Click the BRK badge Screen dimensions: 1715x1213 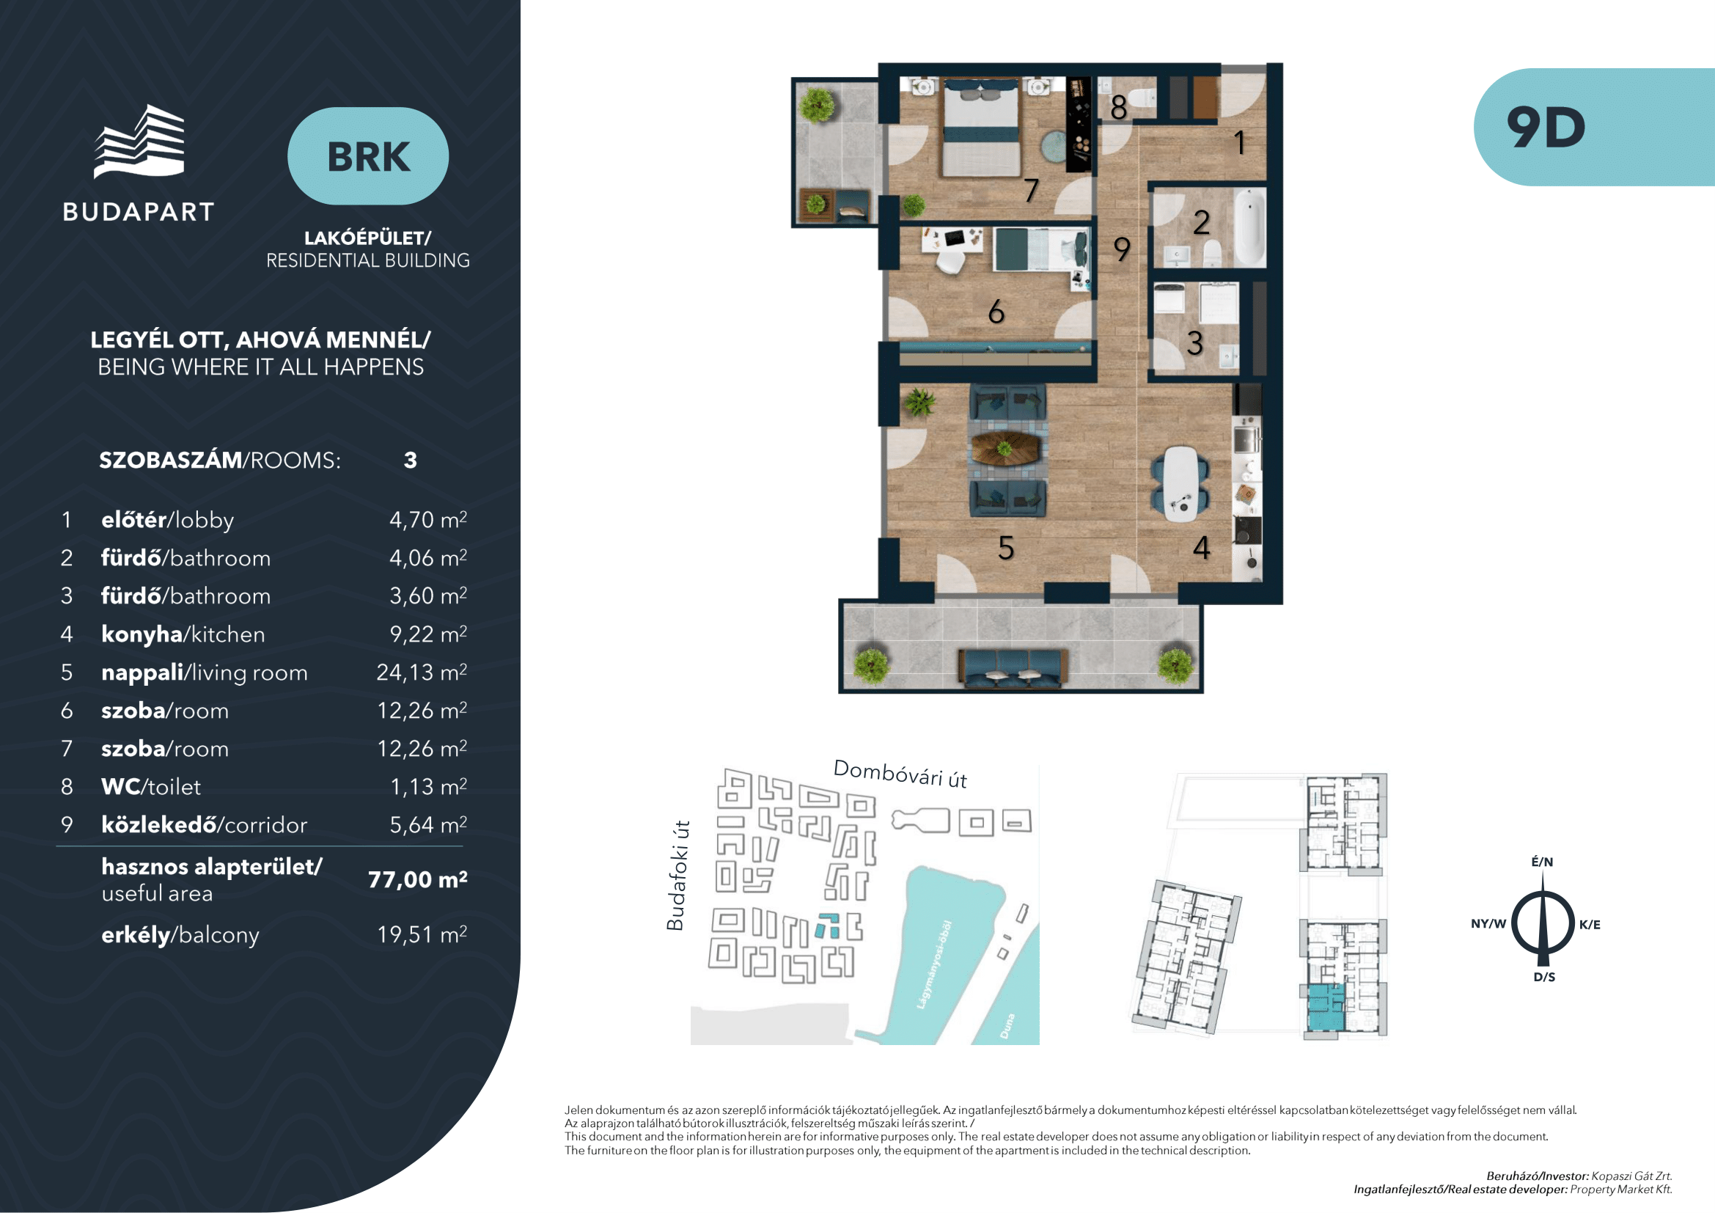368,156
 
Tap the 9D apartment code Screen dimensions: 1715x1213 1546,127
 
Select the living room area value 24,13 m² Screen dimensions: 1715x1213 422,673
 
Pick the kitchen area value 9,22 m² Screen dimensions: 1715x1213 428,634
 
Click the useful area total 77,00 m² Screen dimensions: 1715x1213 417,879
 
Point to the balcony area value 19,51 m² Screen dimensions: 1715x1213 422,934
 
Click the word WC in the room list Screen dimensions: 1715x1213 120,786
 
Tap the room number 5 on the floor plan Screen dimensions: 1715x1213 1006,549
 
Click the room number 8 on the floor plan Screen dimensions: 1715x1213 1118,108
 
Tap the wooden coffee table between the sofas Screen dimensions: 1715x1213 1005,449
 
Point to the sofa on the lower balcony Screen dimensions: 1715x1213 1013,667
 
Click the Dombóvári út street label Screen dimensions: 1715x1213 900,774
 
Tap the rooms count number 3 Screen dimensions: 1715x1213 410,460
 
